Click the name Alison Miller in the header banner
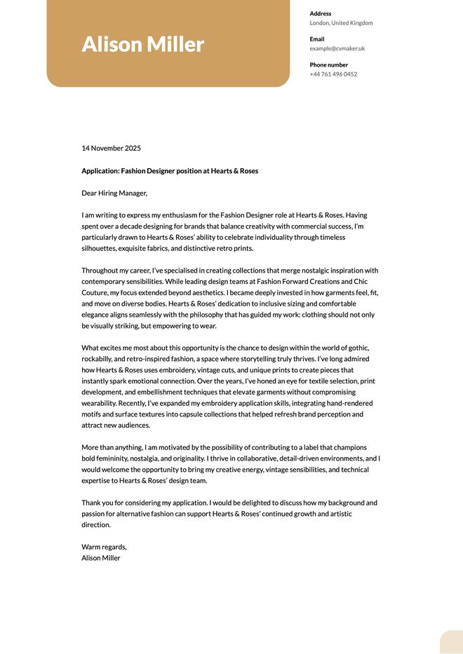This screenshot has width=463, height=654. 142,44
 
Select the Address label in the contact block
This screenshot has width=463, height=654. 321,13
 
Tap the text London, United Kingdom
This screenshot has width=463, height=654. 341,23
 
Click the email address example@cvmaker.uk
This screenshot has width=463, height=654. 337,48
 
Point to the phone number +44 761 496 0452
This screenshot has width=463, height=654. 333,74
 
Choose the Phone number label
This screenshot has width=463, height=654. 329,64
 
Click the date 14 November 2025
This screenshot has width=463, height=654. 111,149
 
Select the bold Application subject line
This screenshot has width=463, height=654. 170,171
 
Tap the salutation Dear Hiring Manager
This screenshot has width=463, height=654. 114,193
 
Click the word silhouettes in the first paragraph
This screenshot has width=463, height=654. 98,249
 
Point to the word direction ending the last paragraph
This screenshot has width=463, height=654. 96,525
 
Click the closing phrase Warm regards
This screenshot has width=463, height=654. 104,547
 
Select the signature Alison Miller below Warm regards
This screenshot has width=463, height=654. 101,558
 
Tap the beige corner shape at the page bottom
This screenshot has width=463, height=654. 452,643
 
